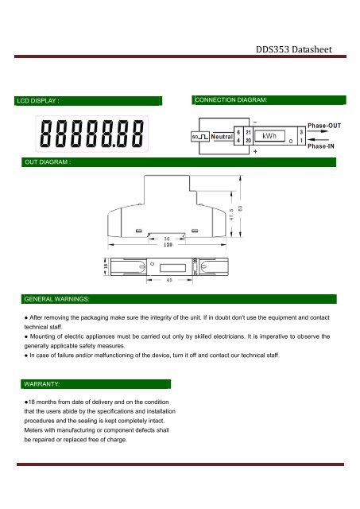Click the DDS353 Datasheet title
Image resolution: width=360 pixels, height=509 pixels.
(x=294, y=49)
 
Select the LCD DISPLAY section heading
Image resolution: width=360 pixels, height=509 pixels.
(x=38, y=101)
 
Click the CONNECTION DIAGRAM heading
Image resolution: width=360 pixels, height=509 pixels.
(x=231, y=100)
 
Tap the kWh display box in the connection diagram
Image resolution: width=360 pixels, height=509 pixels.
(x=269, y=136)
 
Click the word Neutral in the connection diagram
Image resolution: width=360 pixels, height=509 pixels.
(x=222, y=137)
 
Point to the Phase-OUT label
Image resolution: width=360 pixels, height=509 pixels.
(x=324, y=126)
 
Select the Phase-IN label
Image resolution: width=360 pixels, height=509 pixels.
(x=321, y=146)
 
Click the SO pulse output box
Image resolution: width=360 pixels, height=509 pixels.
(x=199, y=137)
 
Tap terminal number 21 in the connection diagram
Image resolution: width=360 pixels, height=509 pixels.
(x=248, y=132)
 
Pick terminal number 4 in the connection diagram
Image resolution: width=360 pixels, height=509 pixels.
(x=238, y=141)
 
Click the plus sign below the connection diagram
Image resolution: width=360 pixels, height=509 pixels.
(x=255, y=151)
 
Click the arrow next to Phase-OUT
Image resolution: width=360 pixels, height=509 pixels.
(x=318, y=131)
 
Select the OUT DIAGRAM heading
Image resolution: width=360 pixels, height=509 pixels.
(x=48, y=162)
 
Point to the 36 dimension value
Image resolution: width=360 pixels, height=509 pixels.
(x=167, y=239)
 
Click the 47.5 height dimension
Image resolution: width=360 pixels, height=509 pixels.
(x=231, y=215)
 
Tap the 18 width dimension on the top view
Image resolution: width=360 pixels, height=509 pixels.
(x=106, y=266)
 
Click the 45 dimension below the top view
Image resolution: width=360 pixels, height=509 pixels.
(x=169, y=280)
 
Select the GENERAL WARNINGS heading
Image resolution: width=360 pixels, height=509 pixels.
(x=56, y=299)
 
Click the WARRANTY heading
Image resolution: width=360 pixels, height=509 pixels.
(x=41, y=384)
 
